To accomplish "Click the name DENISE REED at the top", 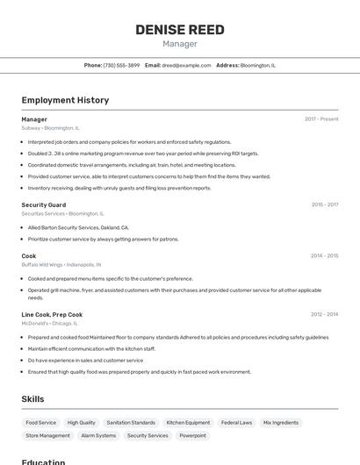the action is (180, 30).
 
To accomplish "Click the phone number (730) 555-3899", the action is (121, 65).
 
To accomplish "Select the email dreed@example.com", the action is (187, 65).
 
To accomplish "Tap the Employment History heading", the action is (65, 100).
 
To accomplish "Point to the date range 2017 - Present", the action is (321, 118).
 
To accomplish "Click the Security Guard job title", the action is (44, 204).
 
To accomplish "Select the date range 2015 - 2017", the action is (324, 204).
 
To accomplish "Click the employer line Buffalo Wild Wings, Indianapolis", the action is (61, 264).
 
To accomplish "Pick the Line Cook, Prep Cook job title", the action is (52, 314).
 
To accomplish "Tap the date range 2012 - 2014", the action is (324, 314).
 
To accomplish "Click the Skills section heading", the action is (32, 399).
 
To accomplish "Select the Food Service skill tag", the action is (40, 423).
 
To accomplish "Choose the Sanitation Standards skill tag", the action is (130, 423).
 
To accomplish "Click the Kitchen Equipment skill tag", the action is (188, 423).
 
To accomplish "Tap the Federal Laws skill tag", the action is (236, 423).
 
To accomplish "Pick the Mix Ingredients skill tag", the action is (281, 423).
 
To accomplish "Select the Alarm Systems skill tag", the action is (98, 435).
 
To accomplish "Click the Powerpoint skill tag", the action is (192, 435).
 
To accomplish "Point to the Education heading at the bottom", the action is (44, 461).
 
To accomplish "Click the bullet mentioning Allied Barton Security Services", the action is (78, 226).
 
